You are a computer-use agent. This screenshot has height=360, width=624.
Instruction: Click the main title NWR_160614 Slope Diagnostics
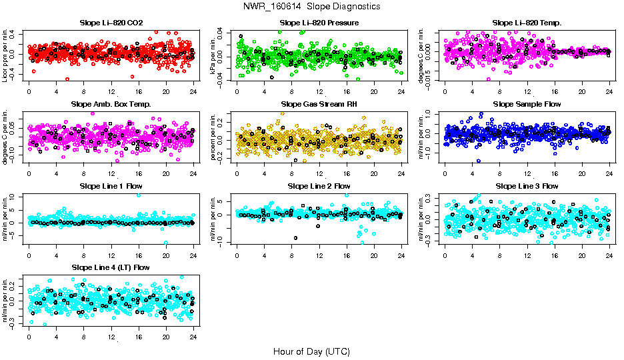[x=311, y=6]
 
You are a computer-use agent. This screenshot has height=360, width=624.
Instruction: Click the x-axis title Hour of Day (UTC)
[x=311, y=351]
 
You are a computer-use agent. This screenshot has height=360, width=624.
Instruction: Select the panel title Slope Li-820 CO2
[x=111, y=23]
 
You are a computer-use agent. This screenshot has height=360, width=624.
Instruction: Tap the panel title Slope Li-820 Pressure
[x=319, y=23]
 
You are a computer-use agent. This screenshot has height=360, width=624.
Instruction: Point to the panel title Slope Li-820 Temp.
[x=527, y=23]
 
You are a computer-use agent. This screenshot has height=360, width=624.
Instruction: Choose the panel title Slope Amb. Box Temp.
[x=111, y=104]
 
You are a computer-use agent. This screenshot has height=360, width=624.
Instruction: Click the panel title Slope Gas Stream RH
[x=319, y=104]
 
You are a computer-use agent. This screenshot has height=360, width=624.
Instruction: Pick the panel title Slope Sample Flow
[x=527, y=104]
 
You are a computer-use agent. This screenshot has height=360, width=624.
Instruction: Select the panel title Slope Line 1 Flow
[x=111, y=186]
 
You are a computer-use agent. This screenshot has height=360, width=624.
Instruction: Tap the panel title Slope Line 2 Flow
[x=319, y=186]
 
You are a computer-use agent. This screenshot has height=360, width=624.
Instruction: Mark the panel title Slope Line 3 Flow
[x=527, y=186]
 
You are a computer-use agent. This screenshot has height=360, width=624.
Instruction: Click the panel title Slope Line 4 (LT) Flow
[x=111, y=267]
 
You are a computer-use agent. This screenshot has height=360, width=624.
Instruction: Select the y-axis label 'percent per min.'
[x=213, y=136]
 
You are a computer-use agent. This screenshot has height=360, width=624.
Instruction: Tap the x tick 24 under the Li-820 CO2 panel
[x=193, y=91]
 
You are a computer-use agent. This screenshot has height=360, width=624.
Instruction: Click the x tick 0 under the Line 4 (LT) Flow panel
[x=29, y=336]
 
